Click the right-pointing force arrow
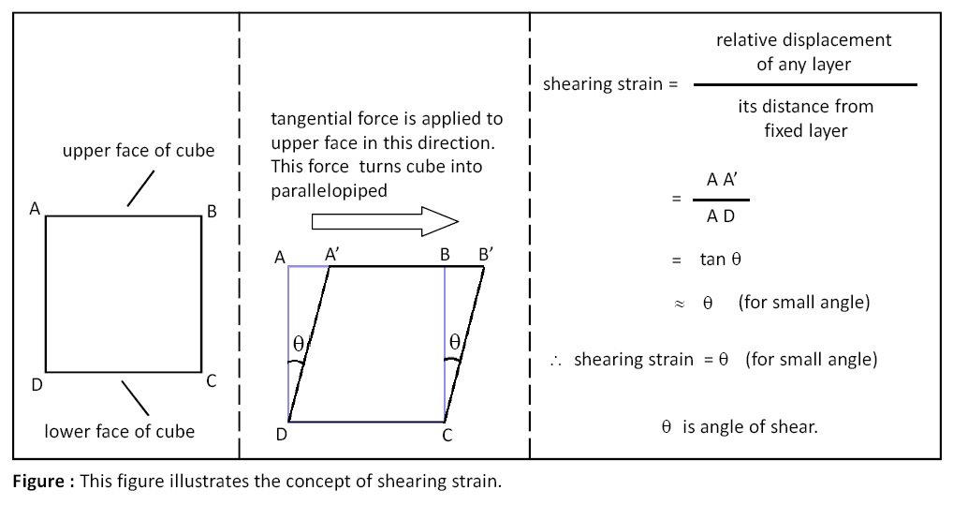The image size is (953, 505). [384, 221]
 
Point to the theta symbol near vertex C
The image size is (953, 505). [454, 341]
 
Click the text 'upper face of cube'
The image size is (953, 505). [139, 150]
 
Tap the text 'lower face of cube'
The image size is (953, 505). [120, 431]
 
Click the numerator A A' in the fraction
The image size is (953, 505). [722, 181]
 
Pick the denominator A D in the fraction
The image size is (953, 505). [721, 216]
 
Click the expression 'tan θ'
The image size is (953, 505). [720, 260]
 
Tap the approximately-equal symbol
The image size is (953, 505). [681, 304]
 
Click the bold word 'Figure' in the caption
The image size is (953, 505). [40, 483]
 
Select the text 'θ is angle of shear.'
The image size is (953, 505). [740, 426]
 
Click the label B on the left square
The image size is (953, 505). [212, 212]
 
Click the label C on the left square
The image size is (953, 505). [212, 380]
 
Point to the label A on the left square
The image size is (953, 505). [35, 209]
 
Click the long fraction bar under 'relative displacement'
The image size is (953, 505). [804, 85]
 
